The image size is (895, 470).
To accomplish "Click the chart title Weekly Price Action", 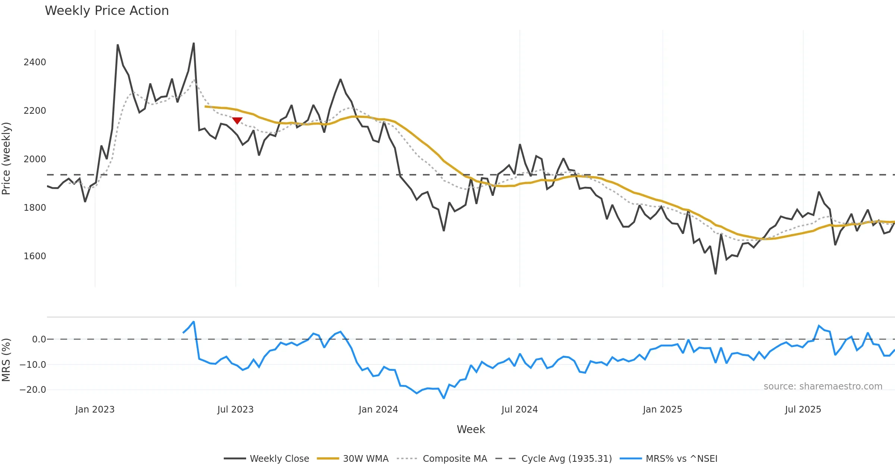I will [107, 11].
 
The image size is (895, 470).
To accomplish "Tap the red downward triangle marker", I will [237, 120].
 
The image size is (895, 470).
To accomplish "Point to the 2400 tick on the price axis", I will [35, 62].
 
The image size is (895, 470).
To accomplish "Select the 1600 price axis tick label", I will [35, 256].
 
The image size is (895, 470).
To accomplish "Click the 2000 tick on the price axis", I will [35, 159].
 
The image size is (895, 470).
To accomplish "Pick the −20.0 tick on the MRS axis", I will [33, 390].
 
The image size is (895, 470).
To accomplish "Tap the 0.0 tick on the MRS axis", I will [39, 339].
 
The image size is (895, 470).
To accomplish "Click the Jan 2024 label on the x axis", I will [378, 410].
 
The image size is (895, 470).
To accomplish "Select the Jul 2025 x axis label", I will [803, 410].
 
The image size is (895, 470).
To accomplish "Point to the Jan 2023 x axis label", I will [95, 410].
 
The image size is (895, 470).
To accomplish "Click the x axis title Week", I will [471, 429].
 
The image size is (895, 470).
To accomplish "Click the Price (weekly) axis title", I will [6, 159].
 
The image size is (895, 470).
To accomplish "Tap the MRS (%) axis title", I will [6, 360].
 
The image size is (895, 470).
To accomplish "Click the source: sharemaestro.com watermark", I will [823, 386].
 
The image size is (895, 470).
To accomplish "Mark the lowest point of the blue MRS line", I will [444, 398].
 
